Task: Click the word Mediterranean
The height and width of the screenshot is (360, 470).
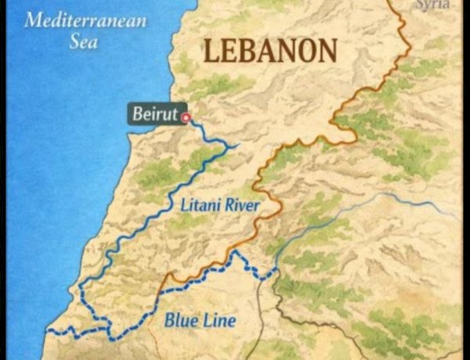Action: pyautogui.click(x=85, y=20)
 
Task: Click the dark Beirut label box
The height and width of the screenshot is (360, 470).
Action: pyautogui.click(x=157, y=114)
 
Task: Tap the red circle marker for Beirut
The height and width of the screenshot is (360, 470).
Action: pyautogui.click(x=186, y=117)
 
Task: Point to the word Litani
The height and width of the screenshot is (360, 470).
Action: pyautogui.click(x=199, y=207)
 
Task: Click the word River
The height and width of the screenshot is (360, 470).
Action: pyautogui.click(x=240, y=207)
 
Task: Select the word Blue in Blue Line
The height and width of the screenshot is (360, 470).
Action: pyautogui.click(x=179, y=319)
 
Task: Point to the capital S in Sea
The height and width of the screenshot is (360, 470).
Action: pyautogui.click(x=73, y=41)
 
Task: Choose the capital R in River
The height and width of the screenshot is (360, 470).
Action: pyautogui.click(x=227, y=207)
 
